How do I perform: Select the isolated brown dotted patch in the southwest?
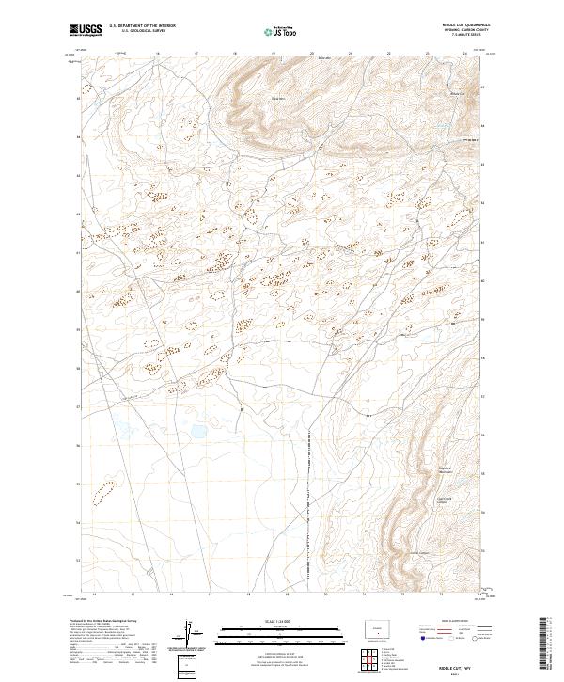pos(105,491)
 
